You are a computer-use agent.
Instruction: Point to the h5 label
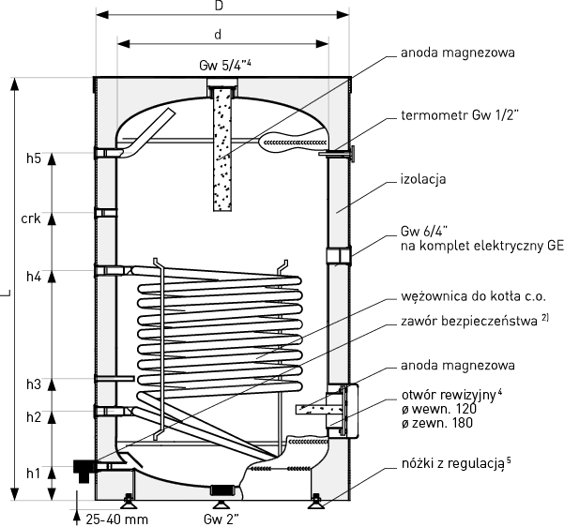[x=33, y=158]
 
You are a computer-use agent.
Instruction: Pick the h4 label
[x=33, y=276]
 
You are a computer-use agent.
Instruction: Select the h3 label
[x=33, y=384]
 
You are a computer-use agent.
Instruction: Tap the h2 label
[x=33, y=416]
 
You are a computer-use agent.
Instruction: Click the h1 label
[x=33, y=473]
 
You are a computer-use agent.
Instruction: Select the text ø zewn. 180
[x=435, y=423]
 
